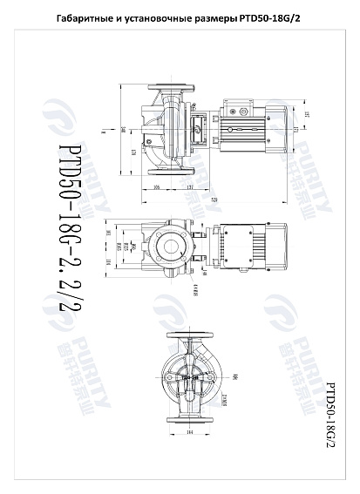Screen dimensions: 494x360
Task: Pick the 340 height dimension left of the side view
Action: point(122,131)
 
